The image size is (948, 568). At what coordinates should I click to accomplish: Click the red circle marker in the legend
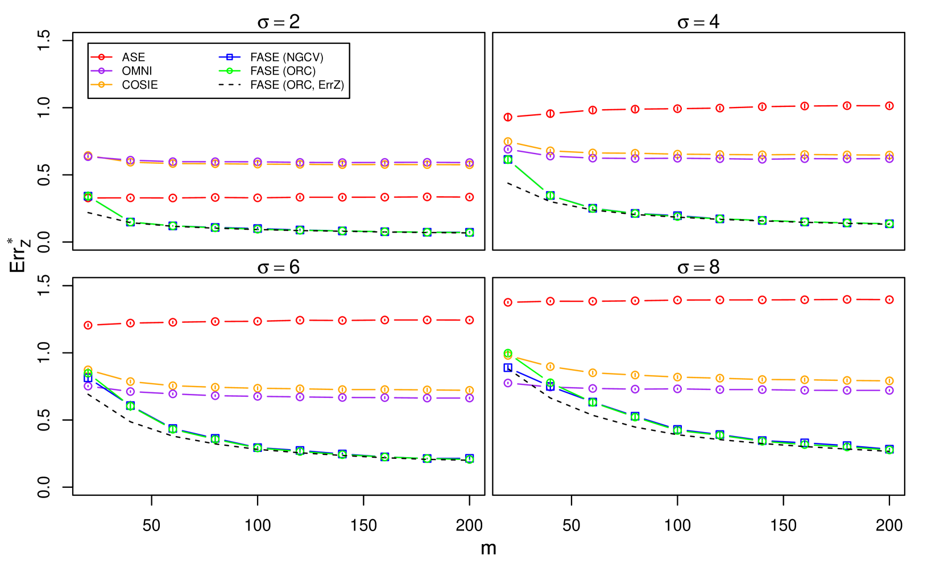[x=101, y=57]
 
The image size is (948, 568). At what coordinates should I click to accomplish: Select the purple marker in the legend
[x=101, y=71]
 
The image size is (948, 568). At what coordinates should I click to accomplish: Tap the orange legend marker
[x=101, y=85]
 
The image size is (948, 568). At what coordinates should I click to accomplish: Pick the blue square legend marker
[x=230, y=57]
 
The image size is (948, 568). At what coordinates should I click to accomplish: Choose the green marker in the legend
[x=230, y=71]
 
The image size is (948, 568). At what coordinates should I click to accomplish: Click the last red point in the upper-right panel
[x=889, y=106]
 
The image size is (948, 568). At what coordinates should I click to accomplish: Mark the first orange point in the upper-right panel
[x=508, y=142]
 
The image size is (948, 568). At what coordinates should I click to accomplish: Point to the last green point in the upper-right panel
[x=889, y=224]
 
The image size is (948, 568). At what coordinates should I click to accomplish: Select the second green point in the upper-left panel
[x=130, y=222]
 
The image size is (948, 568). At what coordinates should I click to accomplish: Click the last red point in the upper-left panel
[x=470, y=197]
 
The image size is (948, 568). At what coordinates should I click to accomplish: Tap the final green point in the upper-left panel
[x=470, y=233]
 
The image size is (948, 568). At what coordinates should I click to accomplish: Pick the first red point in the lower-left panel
[x=88, y=325]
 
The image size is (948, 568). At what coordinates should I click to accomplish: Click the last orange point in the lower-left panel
[x=470, y=390]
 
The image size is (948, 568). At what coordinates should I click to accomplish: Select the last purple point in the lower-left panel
[x=470, y=399]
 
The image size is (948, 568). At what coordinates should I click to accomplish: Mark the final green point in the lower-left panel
[x=470, y=459]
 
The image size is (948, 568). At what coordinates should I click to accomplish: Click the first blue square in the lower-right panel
[x=508, y=368]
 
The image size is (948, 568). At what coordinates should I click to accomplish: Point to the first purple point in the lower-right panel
[x=508, y=383]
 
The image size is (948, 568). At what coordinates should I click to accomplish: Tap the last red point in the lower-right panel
[x=889, y=300]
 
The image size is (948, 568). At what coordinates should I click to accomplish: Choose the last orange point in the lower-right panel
[x=889, y=381]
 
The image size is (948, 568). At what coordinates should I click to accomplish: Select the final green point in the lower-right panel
[x=889, y=450]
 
